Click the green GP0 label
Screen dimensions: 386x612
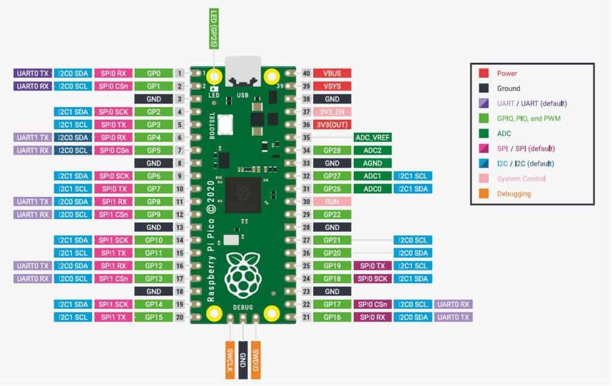pos(154,73)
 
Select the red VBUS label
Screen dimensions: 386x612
pos(332,73)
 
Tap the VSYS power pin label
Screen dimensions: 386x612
pos(332,86)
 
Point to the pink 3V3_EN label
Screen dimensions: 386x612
pos(332,112)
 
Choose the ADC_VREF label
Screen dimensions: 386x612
pos(372,138)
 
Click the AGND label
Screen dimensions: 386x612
pos(372,163)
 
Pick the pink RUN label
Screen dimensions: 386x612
pos(332,202)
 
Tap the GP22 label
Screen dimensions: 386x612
pos(332,214)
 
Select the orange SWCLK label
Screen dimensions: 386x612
pos(229,360)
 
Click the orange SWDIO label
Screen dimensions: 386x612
pos(256,360)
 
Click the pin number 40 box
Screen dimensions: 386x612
pos(307,73)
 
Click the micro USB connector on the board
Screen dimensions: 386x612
pos(243,71)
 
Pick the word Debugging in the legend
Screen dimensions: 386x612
pos(514,193)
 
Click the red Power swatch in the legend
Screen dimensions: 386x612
pos(484,73)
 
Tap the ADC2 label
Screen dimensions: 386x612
pos(372,150)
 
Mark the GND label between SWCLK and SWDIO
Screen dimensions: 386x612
pos(243,360)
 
